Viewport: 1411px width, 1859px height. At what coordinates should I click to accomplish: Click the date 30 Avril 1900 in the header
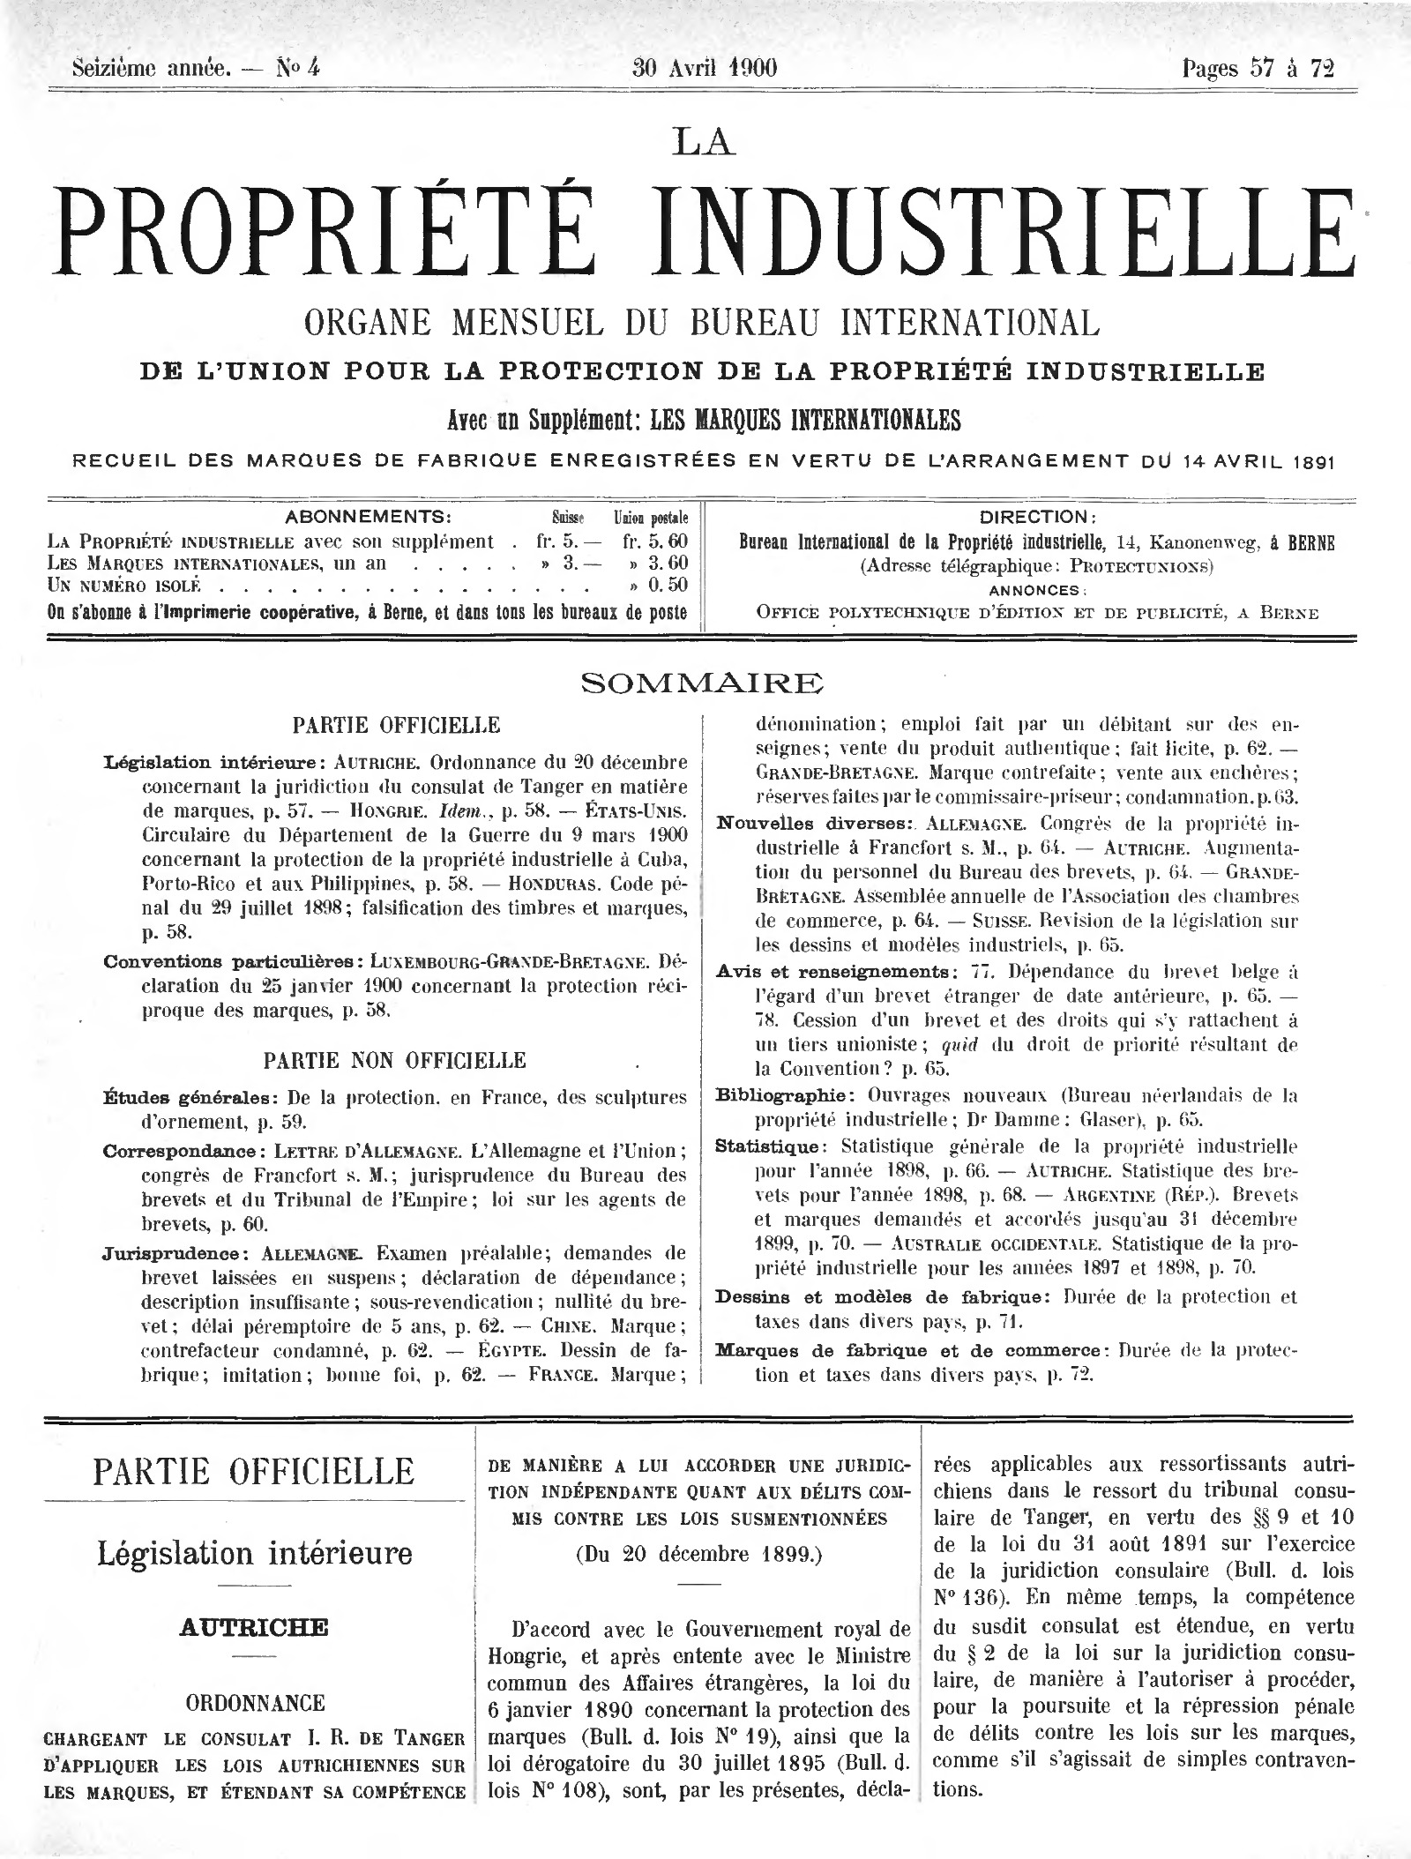705,68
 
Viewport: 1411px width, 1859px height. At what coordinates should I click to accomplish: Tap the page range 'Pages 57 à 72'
1258,69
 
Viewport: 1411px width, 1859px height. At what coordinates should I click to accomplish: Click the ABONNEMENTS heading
369,517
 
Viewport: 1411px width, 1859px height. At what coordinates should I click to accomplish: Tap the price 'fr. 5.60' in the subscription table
654,541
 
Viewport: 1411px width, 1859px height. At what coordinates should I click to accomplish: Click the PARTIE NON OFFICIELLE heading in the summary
394,1060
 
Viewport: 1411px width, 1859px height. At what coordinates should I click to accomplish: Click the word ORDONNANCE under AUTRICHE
253,1702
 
